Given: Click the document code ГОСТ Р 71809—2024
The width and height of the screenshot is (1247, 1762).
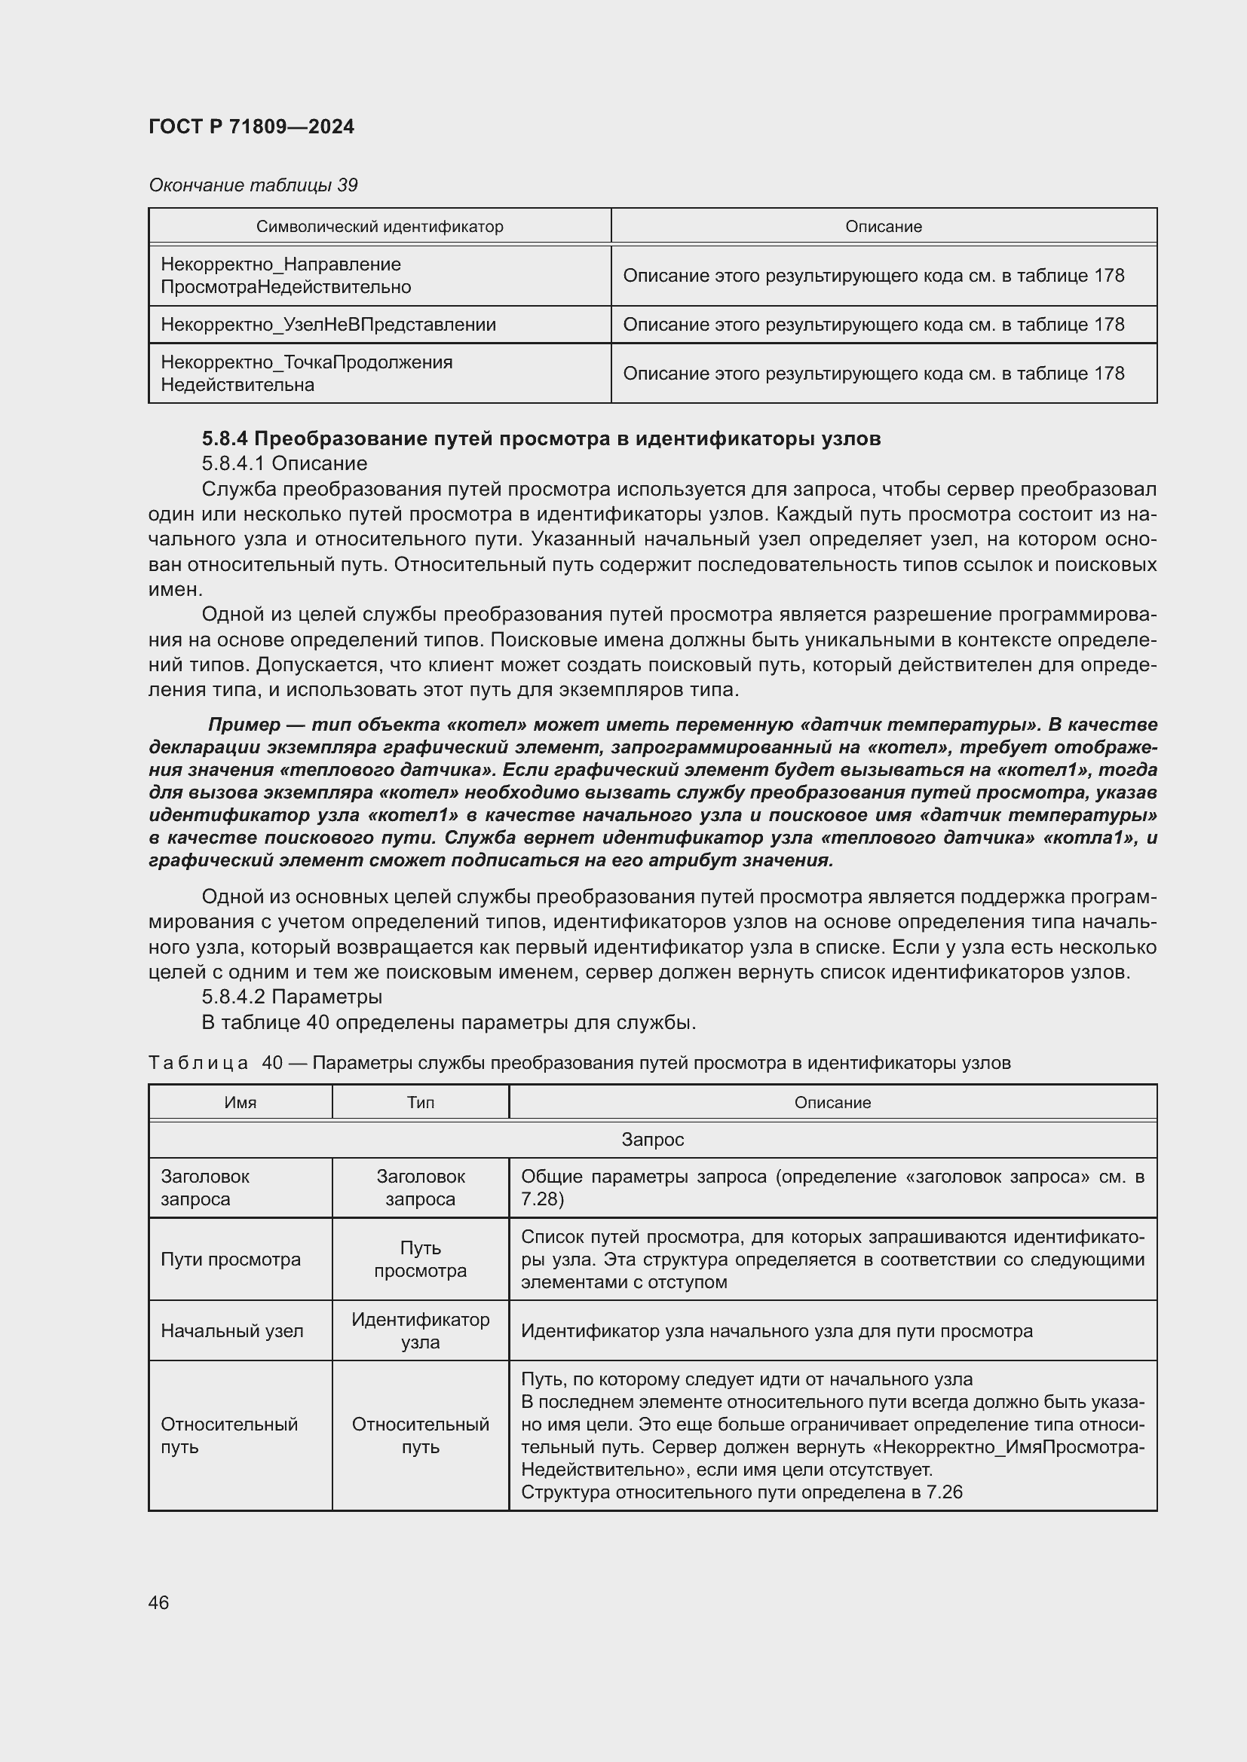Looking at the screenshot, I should pos(251,127).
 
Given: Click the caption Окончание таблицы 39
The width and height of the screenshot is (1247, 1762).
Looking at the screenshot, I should pos(253,185).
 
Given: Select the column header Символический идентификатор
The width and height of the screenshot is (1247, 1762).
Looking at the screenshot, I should pos(379,227).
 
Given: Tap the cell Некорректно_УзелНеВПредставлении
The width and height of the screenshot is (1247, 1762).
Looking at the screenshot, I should pos(328,325).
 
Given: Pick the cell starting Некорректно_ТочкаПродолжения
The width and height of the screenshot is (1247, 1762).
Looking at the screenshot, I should pos(306,373).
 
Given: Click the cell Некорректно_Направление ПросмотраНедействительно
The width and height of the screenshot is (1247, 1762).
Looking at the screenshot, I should pos(286,276).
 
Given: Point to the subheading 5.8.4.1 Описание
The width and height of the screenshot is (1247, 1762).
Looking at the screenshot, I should pos(284,463).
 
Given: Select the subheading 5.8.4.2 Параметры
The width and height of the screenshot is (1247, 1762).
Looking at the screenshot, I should pos(292,997).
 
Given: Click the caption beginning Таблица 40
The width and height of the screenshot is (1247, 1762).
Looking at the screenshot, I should pos(579,1063).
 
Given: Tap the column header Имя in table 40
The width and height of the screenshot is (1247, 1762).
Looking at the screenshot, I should pos(241,1103).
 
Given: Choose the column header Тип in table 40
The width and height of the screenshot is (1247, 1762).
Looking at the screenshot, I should pos(420,1103).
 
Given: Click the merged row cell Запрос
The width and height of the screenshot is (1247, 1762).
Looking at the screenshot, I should pos(652,1140).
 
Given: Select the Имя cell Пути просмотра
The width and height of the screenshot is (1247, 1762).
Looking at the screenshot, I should pos(231,1260).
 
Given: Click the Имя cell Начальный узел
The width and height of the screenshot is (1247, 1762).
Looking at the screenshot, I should pos(232,1330).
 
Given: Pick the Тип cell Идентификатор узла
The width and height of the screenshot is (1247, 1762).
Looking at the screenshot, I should pos(420,1330).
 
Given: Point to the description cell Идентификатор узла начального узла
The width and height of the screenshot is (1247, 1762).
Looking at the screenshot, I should pos(777,1330).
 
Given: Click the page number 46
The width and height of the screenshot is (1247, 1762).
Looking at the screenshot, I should pos(159,1602).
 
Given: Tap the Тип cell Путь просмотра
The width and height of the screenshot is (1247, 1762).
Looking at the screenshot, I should pos(420,1260).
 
